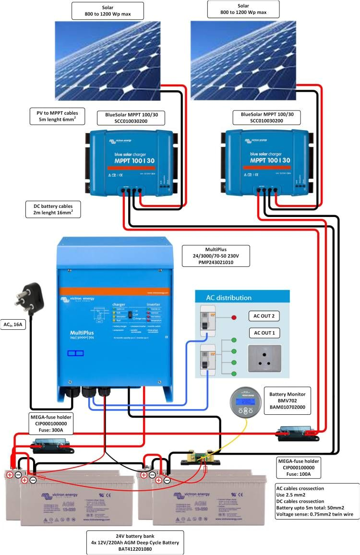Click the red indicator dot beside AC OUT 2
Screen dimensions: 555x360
click(234, 317)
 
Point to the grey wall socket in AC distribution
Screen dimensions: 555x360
click(264, 358)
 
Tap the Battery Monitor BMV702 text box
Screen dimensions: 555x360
click(287, 400)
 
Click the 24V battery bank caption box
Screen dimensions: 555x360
click(135, 543)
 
